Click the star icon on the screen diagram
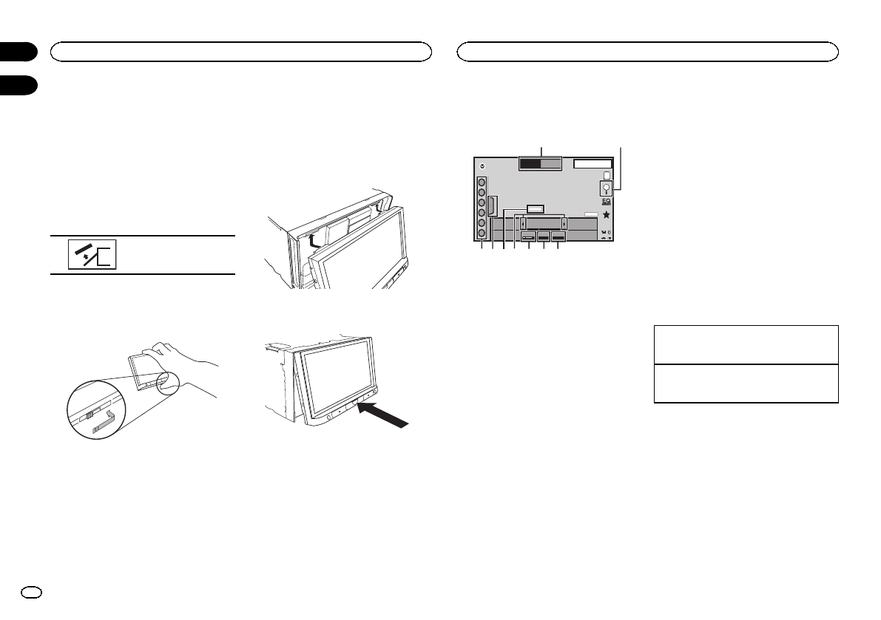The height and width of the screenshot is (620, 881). tap(606, 214)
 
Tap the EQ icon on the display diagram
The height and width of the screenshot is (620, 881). tap(606, 201)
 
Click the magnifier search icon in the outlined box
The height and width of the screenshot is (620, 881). tap(606, 188)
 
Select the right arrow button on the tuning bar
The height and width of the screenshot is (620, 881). tap(564, 223)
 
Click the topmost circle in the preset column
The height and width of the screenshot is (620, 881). tap(481, 182)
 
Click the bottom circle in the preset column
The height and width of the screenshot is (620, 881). tap(481, 232)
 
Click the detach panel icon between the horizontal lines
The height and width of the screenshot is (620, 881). tap(92, 254)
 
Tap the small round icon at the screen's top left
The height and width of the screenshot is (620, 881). tap(480, 165)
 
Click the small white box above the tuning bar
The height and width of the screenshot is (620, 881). tap(536, 209)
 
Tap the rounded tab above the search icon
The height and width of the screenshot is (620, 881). tap(606, 176)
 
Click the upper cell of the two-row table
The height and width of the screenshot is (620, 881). tap(746, 344)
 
